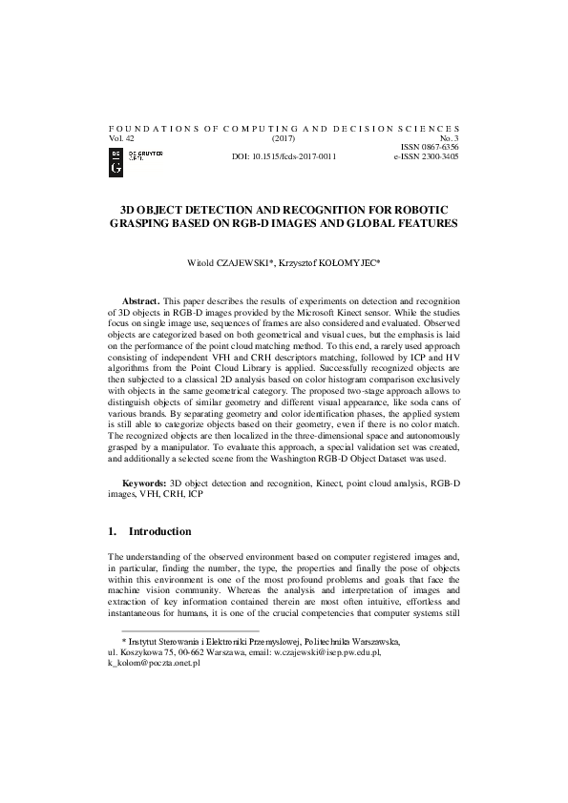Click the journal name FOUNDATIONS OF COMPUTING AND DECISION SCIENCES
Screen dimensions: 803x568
[284, 128]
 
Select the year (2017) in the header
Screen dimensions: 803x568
[284, 137]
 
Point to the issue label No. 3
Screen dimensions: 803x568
[449, 137]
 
